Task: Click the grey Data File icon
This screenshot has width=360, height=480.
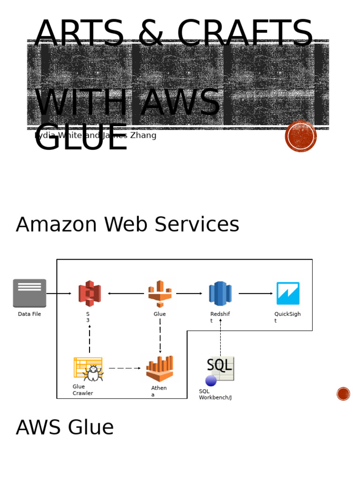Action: [30, 293]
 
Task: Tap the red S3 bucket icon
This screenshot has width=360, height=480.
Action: [90, 293]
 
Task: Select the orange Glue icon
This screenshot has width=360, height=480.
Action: [160, 293]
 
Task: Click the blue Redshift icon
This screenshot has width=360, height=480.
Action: [220, 293]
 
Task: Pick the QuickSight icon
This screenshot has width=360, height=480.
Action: [288, 293]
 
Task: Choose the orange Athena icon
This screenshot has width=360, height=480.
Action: [160, 369]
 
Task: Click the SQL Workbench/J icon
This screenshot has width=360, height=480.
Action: [219, 370]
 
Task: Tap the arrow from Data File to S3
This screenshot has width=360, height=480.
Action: [59, 293]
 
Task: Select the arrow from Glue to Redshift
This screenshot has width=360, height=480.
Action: [189, 293]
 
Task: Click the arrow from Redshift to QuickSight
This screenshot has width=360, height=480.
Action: [255, 293]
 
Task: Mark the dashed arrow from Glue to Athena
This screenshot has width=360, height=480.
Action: [160, 336]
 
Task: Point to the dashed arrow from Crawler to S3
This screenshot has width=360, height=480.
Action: [90, 339]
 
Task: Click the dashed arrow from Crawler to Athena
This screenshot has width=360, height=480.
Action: [124, 368]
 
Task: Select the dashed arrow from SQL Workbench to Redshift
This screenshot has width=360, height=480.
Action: [220, 337]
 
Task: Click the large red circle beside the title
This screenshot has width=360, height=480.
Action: [301, 136]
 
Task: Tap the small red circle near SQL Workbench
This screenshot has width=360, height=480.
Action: [343, 394]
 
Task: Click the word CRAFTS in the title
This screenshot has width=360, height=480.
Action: [245, 34]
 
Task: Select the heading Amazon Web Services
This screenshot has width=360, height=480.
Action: [127, 225]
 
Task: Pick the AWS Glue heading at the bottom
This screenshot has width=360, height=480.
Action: [65, 427]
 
